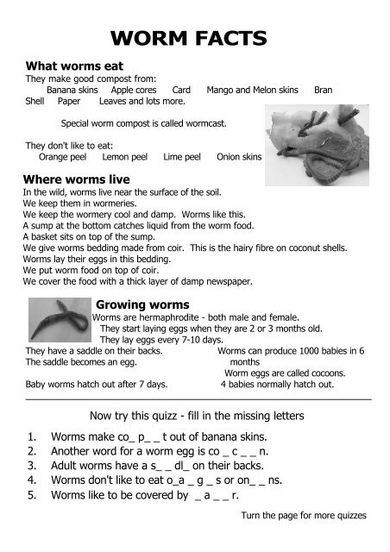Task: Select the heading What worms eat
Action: [x=74, y=66]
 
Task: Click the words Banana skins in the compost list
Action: [x=72, y=89]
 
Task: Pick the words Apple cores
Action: [x=134, y=89]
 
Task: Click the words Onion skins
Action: [x=239, y=158]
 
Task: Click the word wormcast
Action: [x=205, y=123]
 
